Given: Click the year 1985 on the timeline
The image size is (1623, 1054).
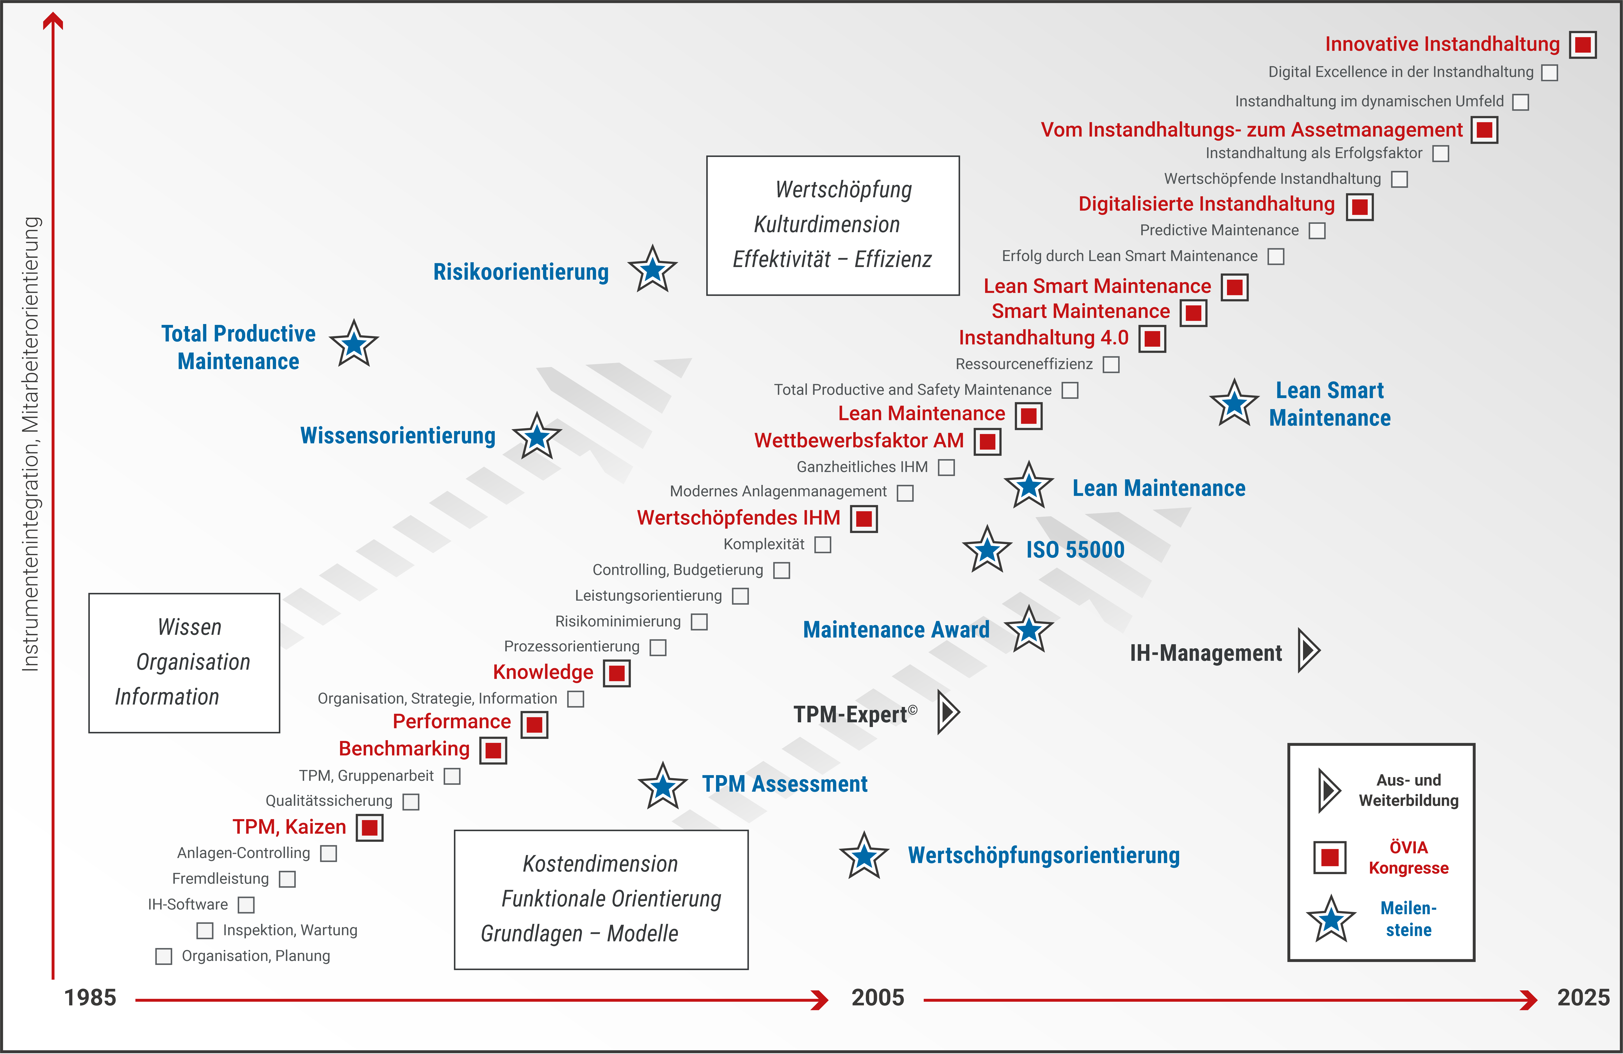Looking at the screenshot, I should pos(90,997).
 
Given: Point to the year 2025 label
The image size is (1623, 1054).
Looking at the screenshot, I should pos(1583,997).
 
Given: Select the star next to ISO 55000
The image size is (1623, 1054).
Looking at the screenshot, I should pos(987,550).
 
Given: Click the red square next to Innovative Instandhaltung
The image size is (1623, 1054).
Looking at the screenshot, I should pos(1583,44).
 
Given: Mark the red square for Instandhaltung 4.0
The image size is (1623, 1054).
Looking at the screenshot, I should pos(1153,338).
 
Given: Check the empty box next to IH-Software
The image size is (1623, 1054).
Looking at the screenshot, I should pos(246,905).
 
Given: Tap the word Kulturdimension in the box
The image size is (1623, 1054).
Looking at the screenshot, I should pos(827,224).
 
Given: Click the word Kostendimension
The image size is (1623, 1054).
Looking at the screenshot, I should pos(600,864).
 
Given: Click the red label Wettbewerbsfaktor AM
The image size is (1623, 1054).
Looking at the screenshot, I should pos(858,440).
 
